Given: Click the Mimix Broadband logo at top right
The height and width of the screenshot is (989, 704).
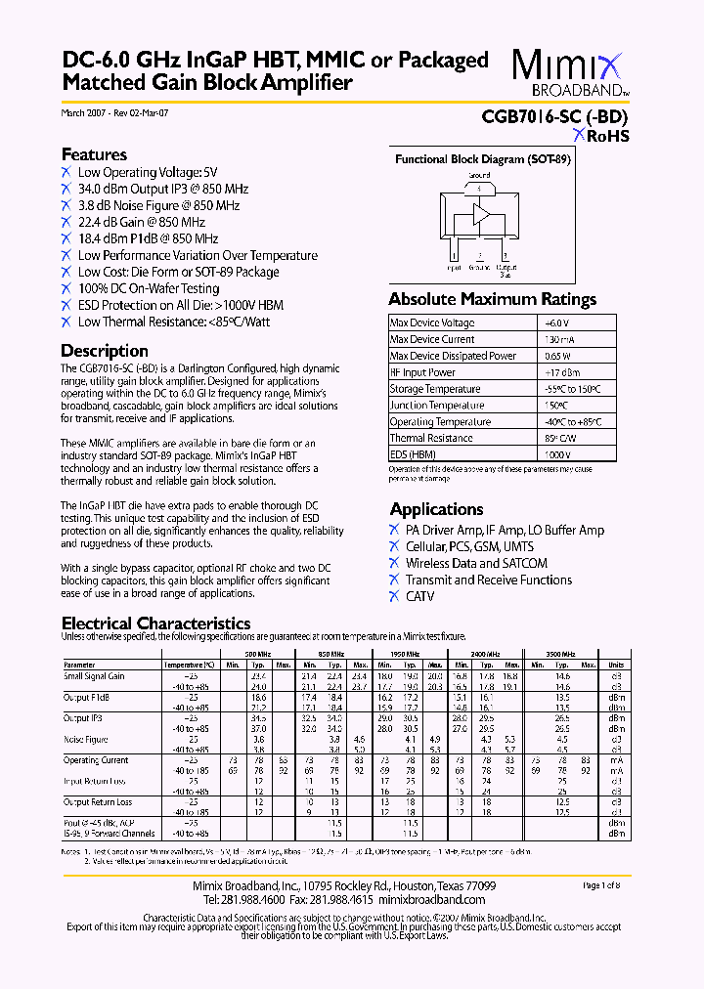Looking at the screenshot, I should point(569,74).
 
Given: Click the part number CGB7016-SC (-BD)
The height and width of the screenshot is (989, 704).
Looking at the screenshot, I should point(555,116).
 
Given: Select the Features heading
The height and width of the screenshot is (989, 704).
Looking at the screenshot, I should point(94,154).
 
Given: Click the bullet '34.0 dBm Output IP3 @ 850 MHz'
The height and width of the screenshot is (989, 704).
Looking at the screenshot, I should point(162,189).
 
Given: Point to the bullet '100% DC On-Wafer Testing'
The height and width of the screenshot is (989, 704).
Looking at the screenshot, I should point(155,288).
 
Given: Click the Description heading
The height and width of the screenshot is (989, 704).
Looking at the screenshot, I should point(105,350).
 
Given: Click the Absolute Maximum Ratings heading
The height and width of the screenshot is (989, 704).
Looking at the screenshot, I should point(492,299).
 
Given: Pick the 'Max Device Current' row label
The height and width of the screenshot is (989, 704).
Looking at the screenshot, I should point(432,339).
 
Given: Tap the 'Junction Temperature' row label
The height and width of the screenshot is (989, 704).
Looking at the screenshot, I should point(436,406).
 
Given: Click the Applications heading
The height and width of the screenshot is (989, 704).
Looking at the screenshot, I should point(436,509).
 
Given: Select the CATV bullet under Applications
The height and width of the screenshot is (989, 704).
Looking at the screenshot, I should point(419,596).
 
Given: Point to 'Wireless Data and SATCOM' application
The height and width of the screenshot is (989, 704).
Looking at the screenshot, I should point(476,563).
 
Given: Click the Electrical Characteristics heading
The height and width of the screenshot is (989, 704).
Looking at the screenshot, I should point(155,623).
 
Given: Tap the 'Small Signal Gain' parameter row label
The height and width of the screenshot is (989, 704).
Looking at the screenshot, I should point(94,676).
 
